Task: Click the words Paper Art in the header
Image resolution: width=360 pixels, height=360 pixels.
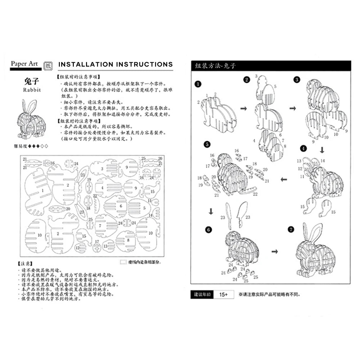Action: click(24, 64)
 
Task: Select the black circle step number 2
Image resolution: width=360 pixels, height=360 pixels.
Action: click(247, 80)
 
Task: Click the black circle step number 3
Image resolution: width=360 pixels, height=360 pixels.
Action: click(297, 80)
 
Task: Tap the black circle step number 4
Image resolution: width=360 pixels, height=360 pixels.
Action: click(304, 148)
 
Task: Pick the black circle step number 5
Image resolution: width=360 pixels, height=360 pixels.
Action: click(207, 144)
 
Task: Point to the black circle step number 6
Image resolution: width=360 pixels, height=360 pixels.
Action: click(208, 229)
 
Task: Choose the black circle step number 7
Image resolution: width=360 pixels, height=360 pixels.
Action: click(291, 229)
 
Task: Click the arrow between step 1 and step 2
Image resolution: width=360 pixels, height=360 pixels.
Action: click(244, 108)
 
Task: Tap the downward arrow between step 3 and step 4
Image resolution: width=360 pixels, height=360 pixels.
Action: click(322, 149)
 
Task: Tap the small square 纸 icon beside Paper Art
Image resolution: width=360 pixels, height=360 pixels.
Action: click(48, 65)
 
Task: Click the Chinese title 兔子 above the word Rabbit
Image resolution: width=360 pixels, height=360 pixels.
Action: click(31, 81)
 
